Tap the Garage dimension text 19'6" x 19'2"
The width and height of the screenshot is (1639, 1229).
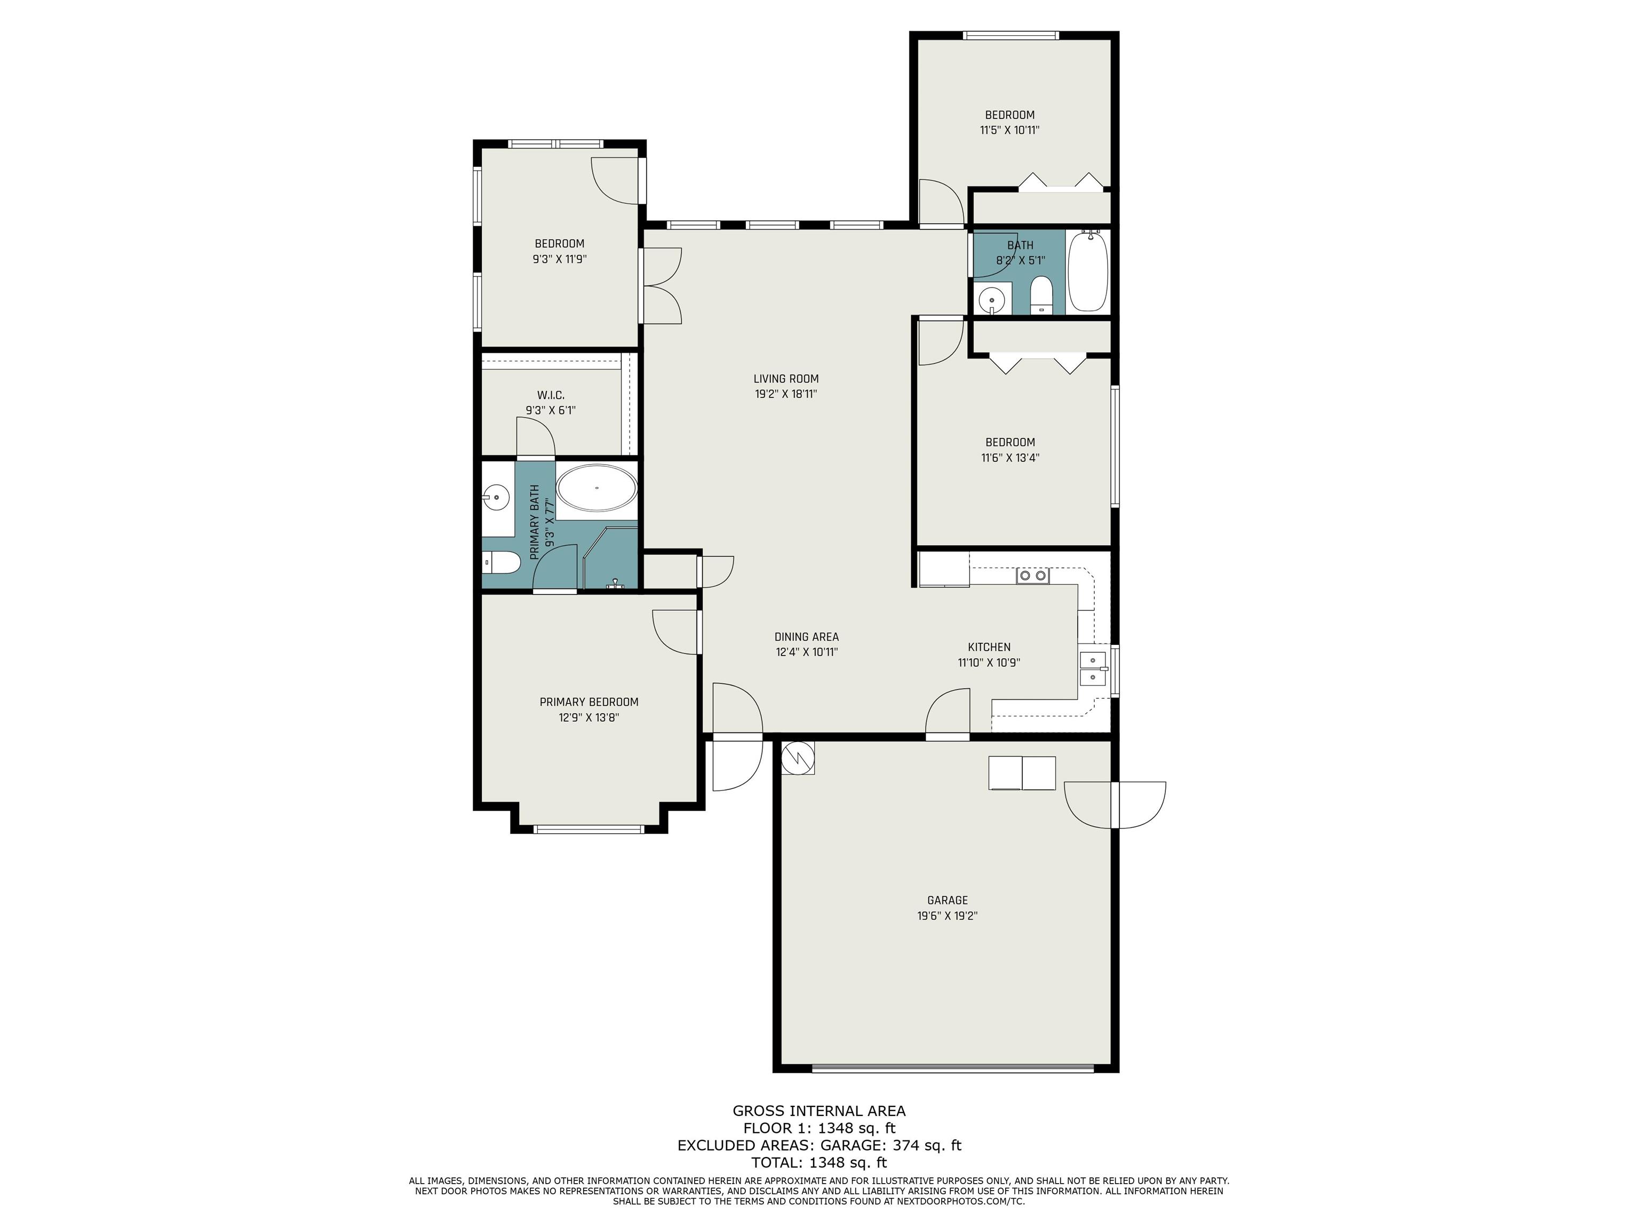click(947, 916)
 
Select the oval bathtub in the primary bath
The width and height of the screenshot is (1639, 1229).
click(596, 488)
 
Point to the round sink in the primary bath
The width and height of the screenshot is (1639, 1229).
click(496, 496)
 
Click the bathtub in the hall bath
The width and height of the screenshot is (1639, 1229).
click(1088, 271)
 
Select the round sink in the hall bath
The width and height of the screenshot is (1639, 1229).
click(991, 300)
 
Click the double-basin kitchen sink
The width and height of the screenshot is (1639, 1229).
click(1093, 669)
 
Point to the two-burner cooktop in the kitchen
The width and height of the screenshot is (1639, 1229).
click(1033, 575)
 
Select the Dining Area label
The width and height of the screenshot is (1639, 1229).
click(806, 636)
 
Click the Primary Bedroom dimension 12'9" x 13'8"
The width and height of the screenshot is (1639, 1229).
click(589, 717)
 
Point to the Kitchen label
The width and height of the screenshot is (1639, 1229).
click(989, 647)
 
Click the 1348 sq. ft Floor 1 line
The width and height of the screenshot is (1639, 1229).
click(819, 1128)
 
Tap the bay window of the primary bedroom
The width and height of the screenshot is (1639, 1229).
click(589, 829)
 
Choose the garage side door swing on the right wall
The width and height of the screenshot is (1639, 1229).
click(1115, 804)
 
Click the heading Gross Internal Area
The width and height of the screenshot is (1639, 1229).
click(819, 1111)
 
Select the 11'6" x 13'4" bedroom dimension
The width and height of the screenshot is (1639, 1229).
click(1010, 458)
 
